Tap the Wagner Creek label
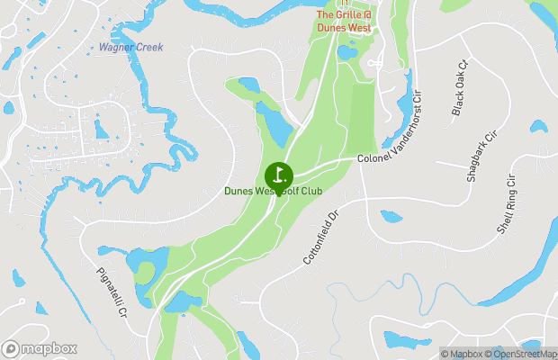130,47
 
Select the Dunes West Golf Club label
274,192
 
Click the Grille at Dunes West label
343,21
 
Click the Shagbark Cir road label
481,157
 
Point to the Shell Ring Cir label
509,205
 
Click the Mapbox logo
39,348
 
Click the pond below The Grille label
346,52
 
